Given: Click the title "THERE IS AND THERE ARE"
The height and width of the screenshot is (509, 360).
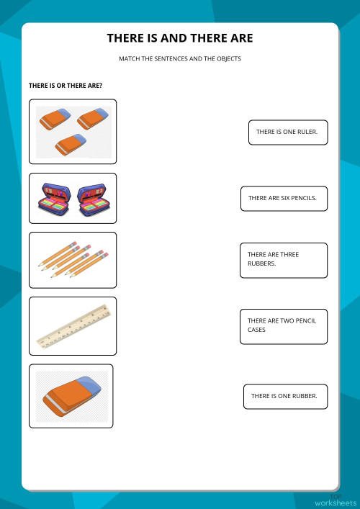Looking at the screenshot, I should tap(180, 38).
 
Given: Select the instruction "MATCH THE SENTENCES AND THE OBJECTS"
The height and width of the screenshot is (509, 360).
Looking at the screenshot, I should tap(180, 59).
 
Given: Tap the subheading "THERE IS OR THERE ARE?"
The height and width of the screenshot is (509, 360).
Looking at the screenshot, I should tap(66, 86).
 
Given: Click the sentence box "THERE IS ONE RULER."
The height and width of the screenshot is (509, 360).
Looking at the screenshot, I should tap(287, 132).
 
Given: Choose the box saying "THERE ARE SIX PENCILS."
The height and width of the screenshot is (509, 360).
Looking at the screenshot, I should tap(283, 197).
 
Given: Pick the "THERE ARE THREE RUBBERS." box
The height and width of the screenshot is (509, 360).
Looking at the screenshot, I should tap(283, 259).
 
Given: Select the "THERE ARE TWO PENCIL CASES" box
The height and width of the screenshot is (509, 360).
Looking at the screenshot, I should tap(283, 325).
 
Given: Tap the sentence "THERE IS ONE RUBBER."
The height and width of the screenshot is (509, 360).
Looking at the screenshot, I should tap(285, 396).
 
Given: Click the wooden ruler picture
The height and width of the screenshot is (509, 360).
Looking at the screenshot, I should tap(73, 325).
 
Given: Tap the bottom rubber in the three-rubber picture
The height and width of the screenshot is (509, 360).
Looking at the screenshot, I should tap(71, 143).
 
